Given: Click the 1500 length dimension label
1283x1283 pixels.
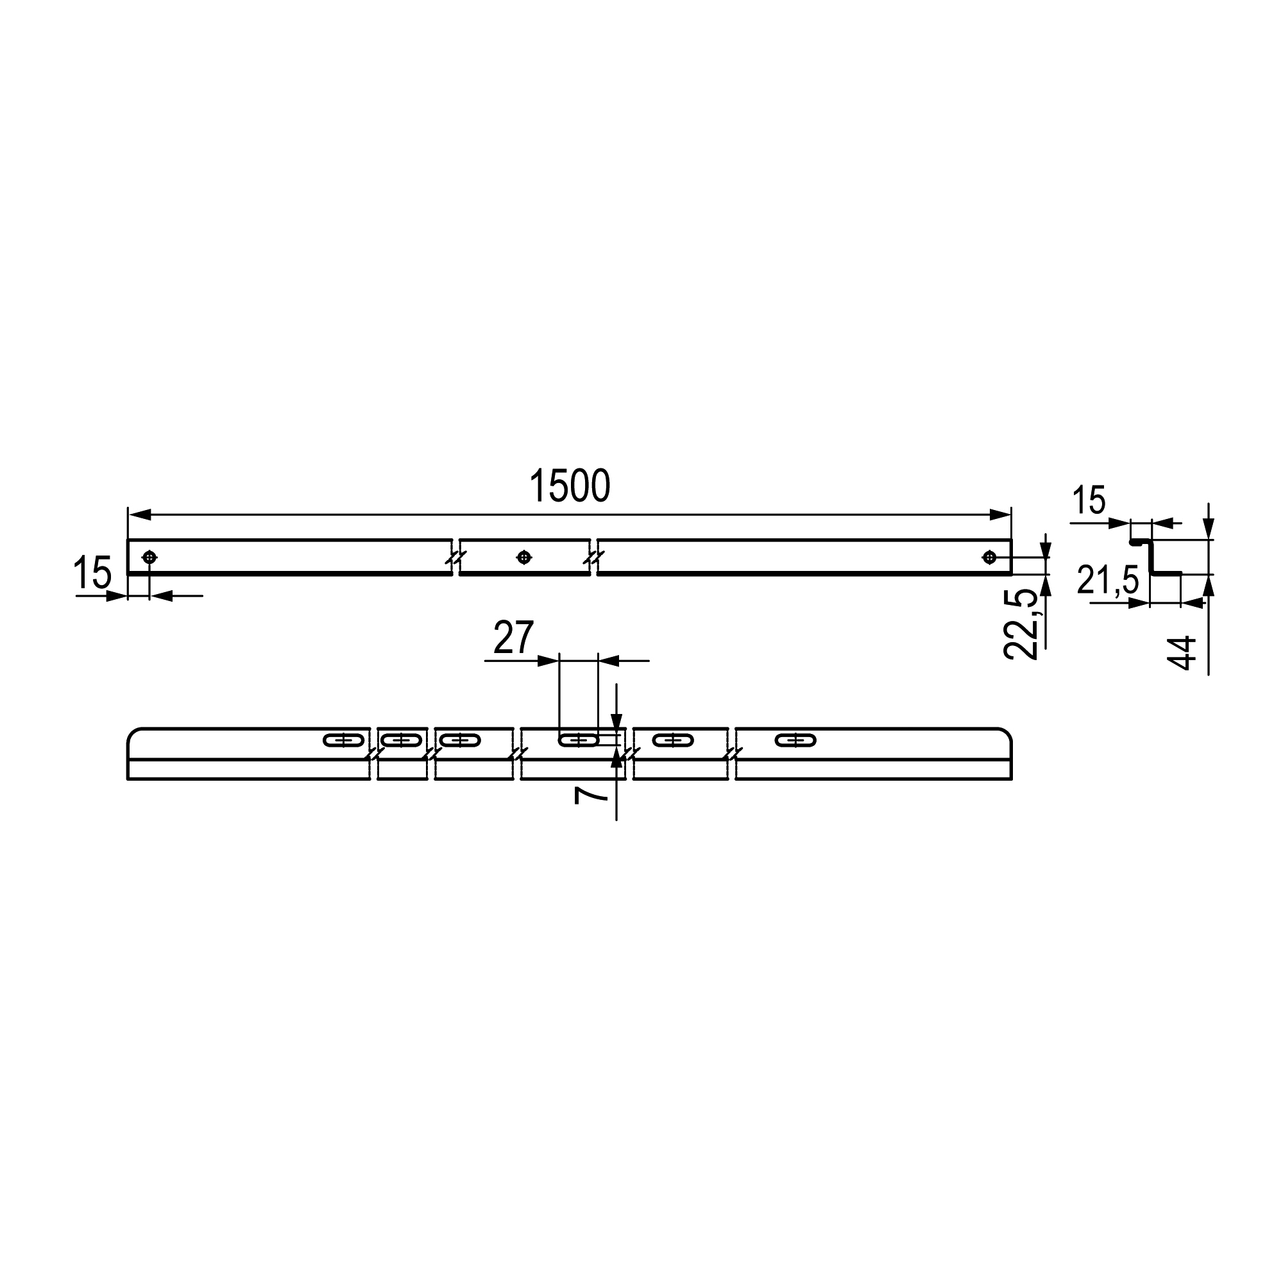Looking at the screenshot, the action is pyautogui.click(x=569, y=486).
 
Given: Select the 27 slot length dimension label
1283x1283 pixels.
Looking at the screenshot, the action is pyautogui.click(x=513, y=638).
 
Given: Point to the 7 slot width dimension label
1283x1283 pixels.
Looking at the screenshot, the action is pyautogui.click(x=590, y=794).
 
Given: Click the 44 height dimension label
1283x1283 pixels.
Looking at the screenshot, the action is pyautogui.click(x=1182, y=654).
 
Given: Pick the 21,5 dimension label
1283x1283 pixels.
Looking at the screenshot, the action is pyautogui.click(x=1109, y=580).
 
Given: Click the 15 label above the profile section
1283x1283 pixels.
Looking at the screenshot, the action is pyautogui.click(x=1089, y=501).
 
